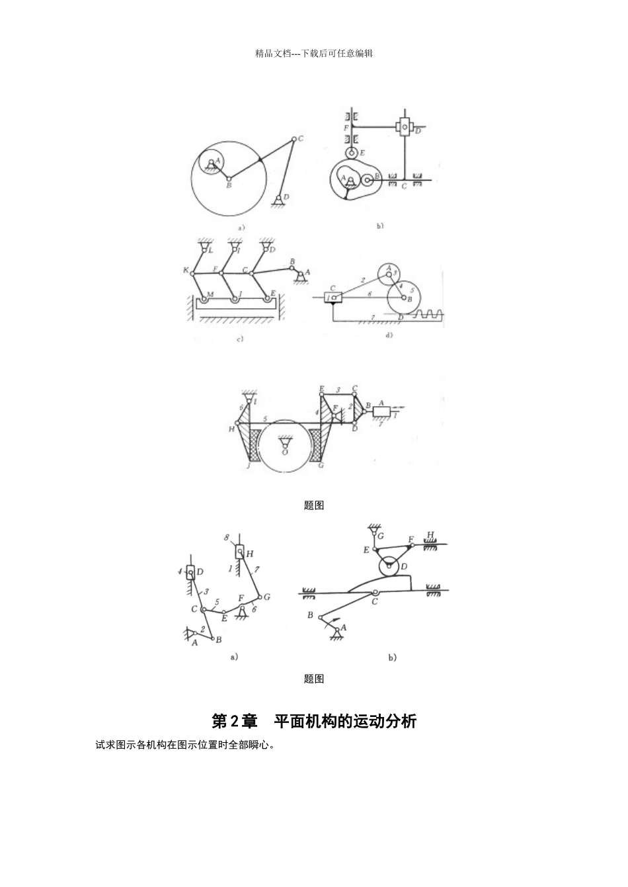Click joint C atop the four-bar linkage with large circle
pyautogui.click(x=293, y=139)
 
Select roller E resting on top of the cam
pyautogui.click(x=352, y=153)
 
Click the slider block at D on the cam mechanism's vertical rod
pyautogui.click(x=404, y=126)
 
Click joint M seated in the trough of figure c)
pyautogui.click(x=204, y=300)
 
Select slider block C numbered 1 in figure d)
pyautogui.click(x=333, y=298)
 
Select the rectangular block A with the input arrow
pyautogui.click(x=382, y=411)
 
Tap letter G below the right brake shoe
pyautogui.click(x=321, y=466)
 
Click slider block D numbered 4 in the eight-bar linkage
pyautogui.click(x=191, y=571)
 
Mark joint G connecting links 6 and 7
pyautogui.click(x=259, y=596)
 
